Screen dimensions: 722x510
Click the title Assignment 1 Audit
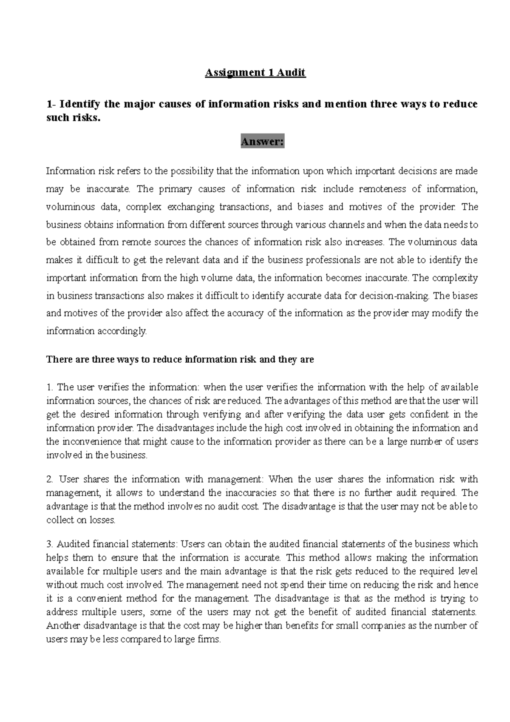click(x=255, y=73)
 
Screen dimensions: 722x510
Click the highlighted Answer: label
click(x=262, y=142)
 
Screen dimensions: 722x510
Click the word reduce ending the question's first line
click(x=461, y=104)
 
